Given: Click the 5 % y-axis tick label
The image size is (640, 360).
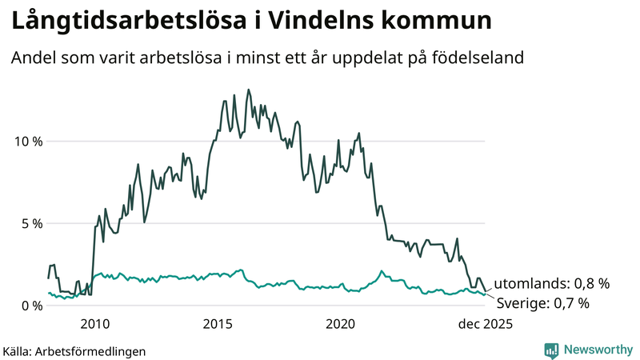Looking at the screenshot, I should coord(31,223).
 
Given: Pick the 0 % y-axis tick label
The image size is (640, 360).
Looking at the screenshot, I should coord(31,306).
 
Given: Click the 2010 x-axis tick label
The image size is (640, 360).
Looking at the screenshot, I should coord(94,324).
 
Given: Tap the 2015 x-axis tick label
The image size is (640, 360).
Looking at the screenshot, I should coord(218,324).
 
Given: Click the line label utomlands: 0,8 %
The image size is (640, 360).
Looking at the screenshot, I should coord(552,283).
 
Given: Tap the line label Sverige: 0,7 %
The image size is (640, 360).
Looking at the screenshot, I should coord(543,302).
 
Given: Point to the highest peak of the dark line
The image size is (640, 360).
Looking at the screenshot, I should coord(248,90).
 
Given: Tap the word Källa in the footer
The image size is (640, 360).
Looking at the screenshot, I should coord(17,351).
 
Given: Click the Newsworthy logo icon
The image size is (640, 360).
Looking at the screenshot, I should coord(551,350).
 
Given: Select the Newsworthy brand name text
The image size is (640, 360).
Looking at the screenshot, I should coord(597,350).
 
